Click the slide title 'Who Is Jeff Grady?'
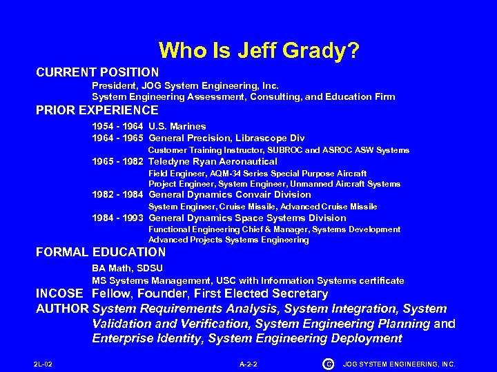click(x=259, y=50)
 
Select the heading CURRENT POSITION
click(x=97, y=72)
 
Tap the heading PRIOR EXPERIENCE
click(x=97, y=110)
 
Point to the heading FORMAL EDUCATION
click(x=101, y=252)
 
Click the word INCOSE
click(x=61, y=293)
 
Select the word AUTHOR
click(x=62, y=309)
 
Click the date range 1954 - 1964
click(x=117, y=126)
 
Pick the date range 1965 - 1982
click(x=117, y=161)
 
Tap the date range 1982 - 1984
click(x=117, y=194)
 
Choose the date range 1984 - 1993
click(x=117, y=218)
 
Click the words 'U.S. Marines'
click(x=177, y=126)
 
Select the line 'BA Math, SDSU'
click(x=128, y=268)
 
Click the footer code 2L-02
click(x=43, y=364)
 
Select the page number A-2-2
click(x=248, y=364)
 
